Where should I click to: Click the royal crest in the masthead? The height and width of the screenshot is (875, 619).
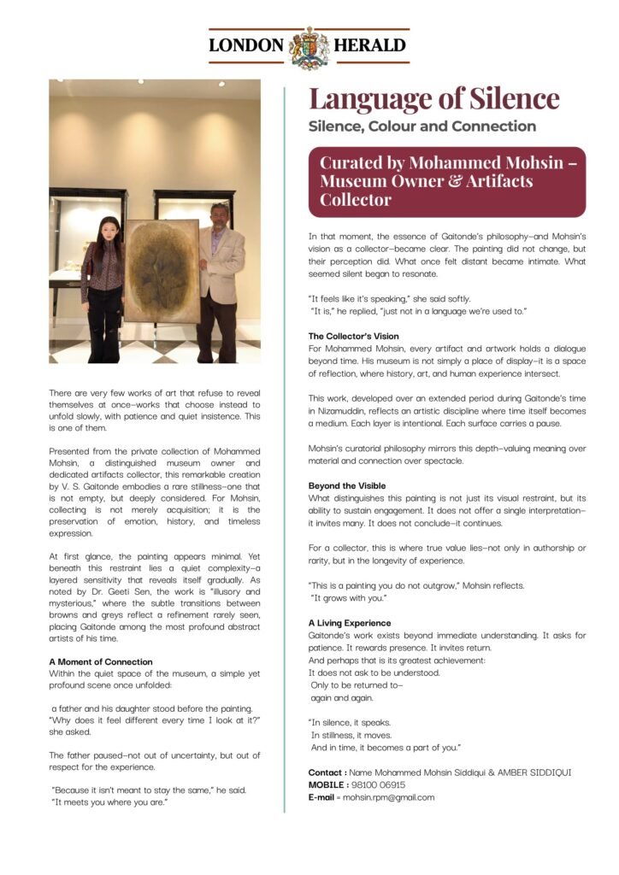[309, 46]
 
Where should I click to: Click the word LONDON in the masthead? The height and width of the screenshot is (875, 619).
[245, 46]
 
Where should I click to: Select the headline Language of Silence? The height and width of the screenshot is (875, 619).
[433, 98]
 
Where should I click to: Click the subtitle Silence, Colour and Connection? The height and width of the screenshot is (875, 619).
[422, 126]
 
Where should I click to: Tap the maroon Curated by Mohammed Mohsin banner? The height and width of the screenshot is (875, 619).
[447, 181]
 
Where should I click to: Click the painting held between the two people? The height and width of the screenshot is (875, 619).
[161, 269]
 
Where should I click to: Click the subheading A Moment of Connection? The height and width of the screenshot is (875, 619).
[101, 661]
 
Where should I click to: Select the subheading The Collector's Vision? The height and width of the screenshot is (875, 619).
[353, 336]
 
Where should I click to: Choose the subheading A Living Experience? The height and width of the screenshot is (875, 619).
[350, 623]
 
